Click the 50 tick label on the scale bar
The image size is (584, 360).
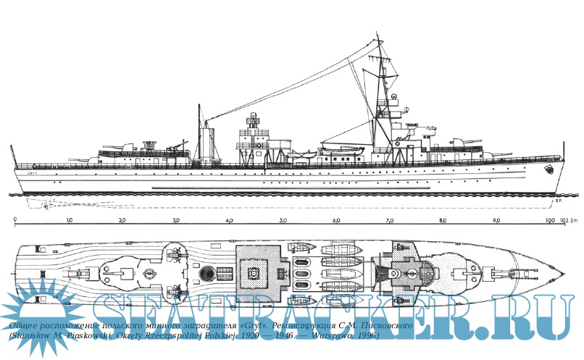(x=283, y=219)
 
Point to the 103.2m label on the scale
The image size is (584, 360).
(x=566, y=219)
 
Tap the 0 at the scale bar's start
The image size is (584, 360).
(x=15, y=219)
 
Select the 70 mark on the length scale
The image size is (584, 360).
(x=391, y=219)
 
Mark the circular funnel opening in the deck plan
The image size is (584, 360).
(x=207, y=273)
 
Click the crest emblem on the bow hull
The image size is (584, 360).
(x=549, y=171)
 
